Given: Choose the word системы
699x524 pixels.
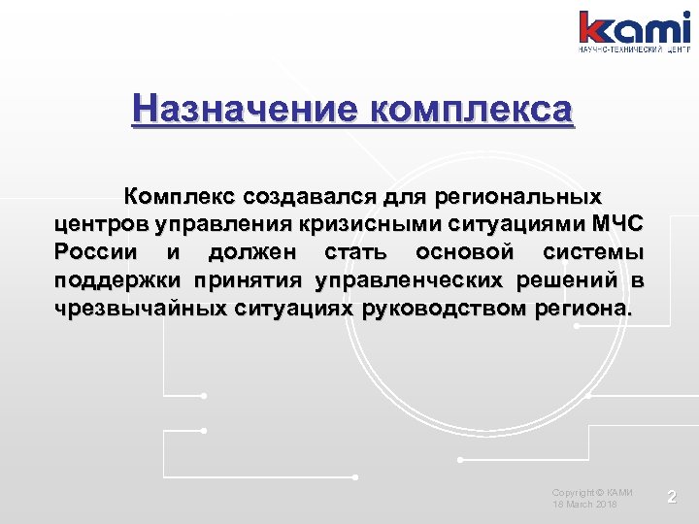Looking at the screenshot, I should point(592,254).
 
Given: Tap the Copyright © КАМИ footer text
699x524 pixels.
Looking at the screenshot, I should point(592,493).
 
